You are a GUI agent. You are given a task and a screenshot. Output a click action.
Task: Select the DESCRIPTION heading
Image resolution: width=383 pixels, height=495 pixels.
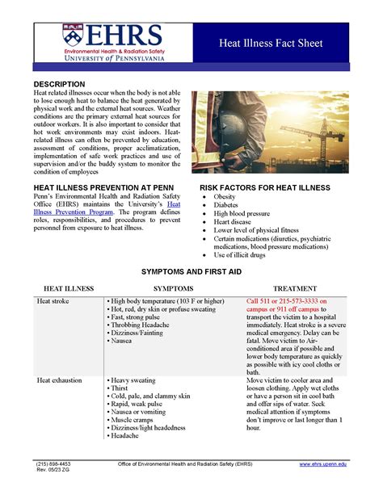click(59, 85)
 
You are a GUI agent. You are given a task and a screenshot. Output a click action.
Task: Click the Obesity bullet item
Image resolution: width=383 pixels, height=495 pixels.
click(225, 196)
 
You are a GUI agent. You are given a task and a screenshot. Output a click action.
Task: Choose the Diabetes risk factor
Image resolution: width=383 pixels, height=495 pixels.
click(227, 205)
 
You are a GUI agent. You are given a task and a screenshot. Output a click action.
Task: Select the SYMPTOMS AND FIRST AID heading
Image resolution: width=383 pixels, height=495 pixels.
click(191, 272)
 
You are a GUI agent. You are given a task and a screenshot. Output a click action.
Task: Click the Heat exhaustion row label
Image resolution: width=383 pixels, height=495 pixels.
click(61, 380)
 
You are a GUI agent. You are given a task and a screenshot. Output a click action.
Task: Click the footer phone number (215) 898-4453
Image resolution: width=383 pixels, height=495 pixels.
click(53, 464)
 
